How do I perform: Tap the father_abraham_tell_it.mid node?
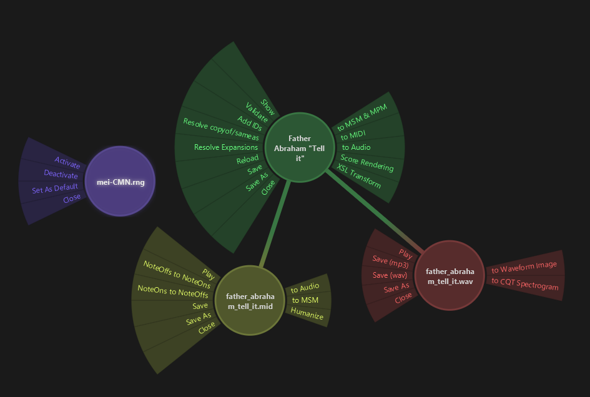pos(250,300)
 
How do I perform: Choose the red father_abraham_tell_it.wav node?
pos(450,275)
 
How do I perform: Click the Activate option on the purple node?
pos(67,162)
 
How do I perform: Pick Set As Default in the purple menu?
pos(55,187)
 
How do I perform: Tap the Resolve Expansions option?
pos(225,147)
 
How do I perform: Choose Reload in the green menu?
pos(247,159)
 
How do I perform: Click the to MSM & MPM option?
pos(362,118)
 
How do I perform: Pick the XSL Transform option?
pos(359,176)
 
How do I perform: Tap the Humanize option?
pos(307,314)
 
